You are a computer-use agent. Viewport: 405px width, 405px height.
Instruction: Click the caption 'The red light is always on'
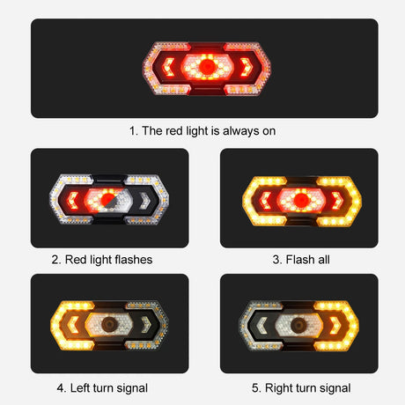coord(203,130)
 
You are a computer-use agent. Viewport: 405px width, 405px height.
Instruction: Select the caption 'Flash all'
coord(299,260)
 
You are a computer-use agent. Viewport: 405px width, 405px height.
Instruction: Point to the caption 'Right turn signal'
coord(299,387)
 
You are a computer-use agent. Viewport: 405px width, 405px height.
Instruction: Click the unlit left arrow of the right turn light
coord(261,323)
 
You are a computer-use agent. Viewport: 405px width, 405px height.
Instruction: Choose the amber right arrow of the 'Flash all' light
coord(340,198)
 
